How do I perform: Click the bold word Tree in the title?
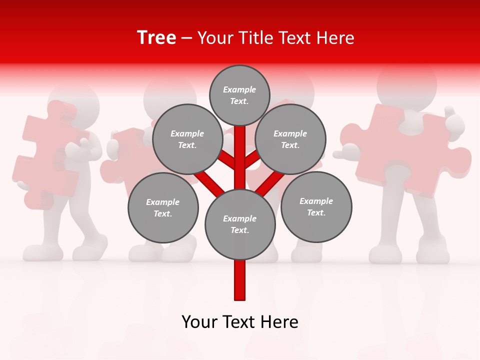point(156,38)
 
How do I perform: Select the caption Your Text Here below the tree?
point(240,322)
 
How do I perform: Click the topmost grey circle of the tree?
point(239,95)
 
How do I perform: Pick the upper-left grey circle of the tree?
point(187,139)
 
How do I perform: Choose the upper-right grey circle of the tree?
point(290,139)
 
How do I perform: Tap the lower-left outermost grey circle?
point(163,207)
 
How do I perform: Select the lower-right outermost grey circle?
point(316,206)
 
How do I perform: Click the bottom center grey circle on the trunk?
point(240,224)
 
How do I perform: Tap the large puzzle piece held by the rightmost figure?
point(410,150)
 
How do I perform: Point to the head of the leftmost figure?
point(75,97)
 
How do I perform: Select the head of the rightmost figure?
point(406,85)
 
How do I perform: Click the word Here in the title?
point(336,38)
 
